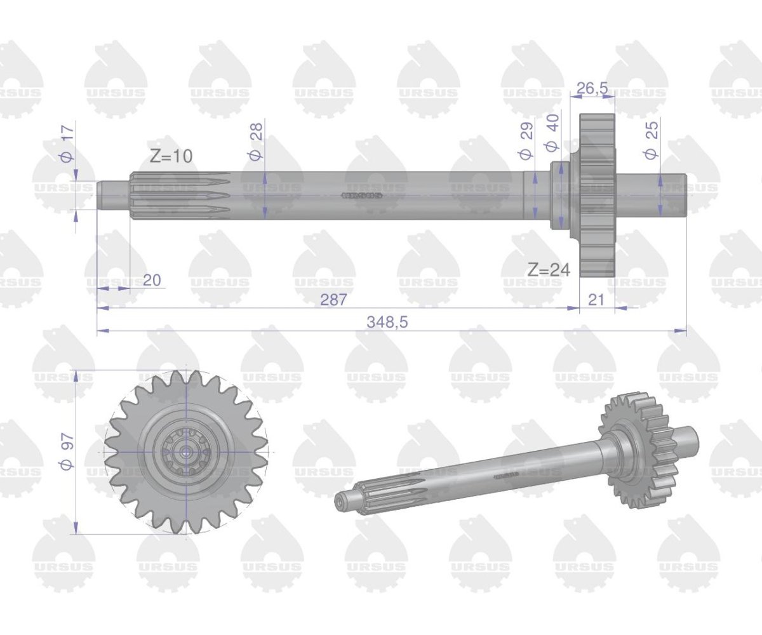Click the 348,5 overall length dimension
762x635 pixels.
point(387,323)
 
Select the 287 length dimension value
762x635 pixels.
point(333,300)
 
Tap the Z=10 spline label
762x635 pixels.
point(171,156)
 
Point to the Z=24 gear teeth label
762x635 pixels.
point(549,270)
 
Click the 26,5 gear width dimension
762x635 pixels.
point(592,88)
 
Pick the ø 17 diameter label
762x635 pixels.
point(68,143)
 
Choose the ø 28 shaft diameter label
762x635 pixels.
point(256,141)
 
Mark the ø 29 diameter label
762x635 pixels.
point(526,141)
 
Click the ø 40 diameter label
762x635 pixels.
point(551,133)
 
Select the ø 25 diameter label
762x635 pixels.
point(651,140)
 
